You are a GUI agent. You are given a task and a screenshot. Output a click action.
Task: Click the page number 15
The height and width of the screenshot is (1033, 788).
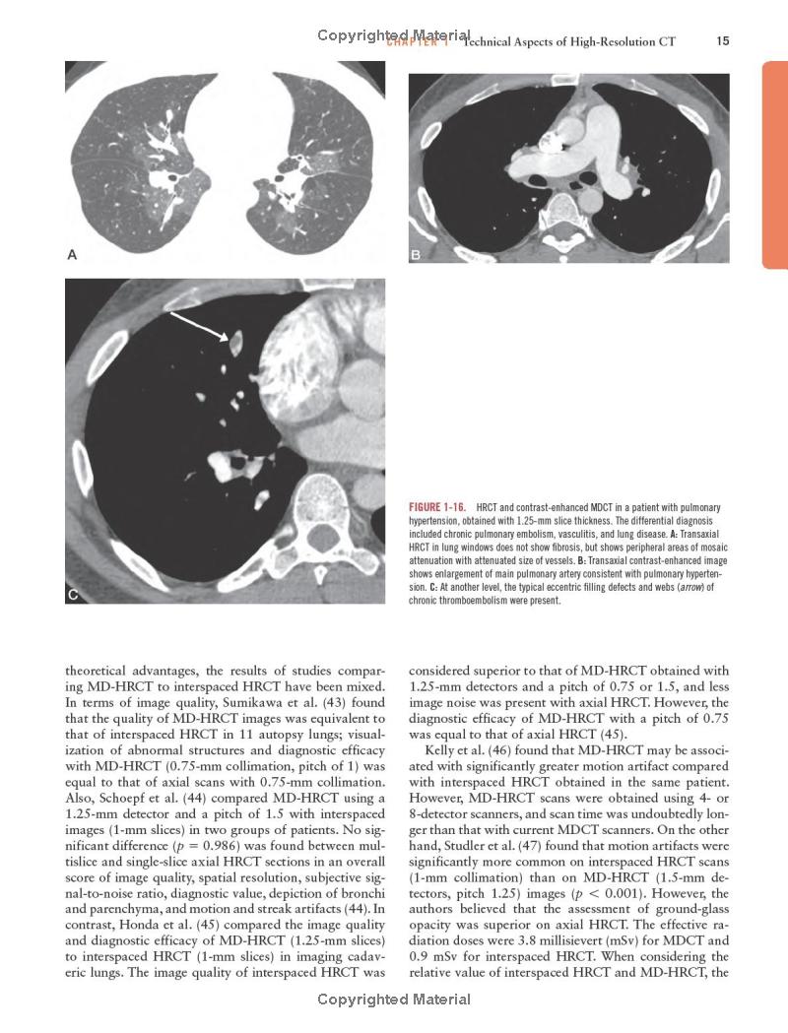tap(723, 41)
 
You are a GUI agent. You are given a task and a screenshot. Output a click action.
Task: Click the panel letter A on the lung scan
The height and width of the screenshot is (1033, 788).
tap(72, 255)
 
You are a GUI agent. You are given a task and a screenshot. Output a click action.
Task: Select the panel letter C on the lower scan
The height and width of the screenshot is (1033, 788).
tap(73, 595)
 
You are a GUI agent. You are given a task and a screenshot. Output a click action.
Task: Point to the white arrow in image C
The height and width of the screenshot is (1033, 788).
tap(206, 327)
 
